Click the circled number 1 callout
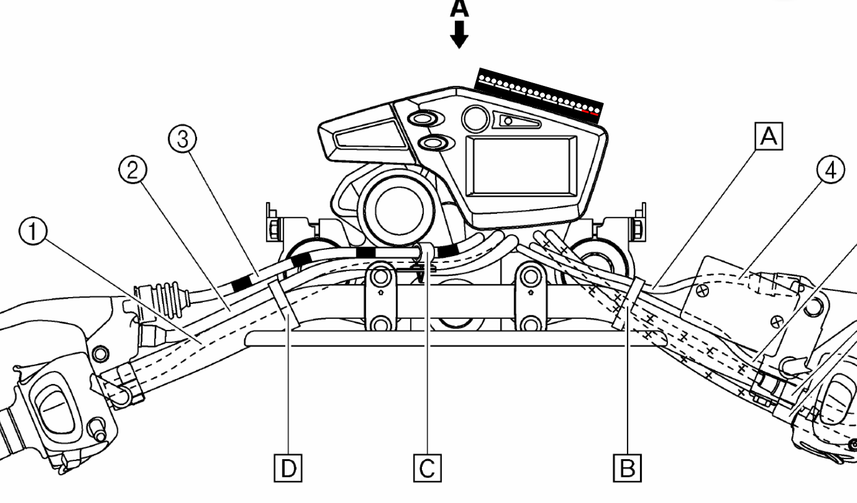33,233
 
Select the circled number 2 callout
133,170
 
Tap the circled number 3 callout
183,139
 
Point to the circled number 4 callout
830,170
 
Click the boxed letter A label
769,137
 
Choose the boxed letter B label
627,468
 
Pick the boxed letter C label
427,468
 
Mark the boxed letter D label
288,468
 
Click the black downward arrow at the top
459,34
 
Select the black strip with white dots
539,92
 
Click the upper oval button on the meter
423,118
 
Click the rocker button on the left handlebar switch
54,404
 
